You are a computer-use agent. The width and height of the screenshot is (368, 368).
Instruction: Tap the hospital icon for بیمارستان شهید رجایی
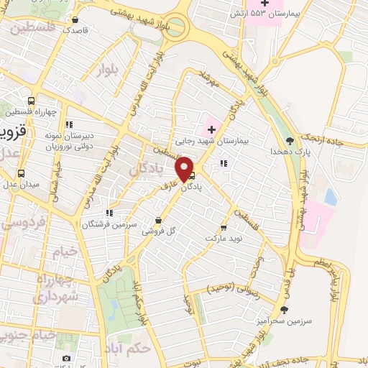pos(212,129)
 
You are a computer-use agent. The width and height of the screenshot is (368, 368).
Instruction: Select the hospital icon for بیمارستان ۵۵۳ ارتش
pos(265,4)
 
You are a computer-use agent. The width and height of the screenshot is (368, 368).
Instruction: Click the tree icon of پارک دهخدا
pos(289,141)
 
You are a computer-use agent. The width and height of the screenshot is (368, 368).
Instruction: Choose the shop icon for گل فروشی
pos(158,221)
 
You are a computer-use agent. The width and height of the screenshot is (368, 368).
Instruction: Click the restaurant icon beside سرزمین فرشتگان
pos(109,213)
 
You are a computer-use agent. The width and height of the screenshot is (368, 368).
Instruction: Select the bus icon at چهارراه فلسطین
pos(31,101)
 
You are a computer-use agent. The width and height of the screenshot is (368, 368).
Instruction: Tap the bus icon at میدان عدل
pos(20,174)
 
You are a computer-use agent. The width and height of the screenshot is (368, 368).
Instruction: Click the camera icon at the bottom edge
pos(66,358)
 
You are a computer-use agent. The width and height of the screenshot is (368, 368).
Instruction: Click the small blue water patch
pos(330,195)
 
